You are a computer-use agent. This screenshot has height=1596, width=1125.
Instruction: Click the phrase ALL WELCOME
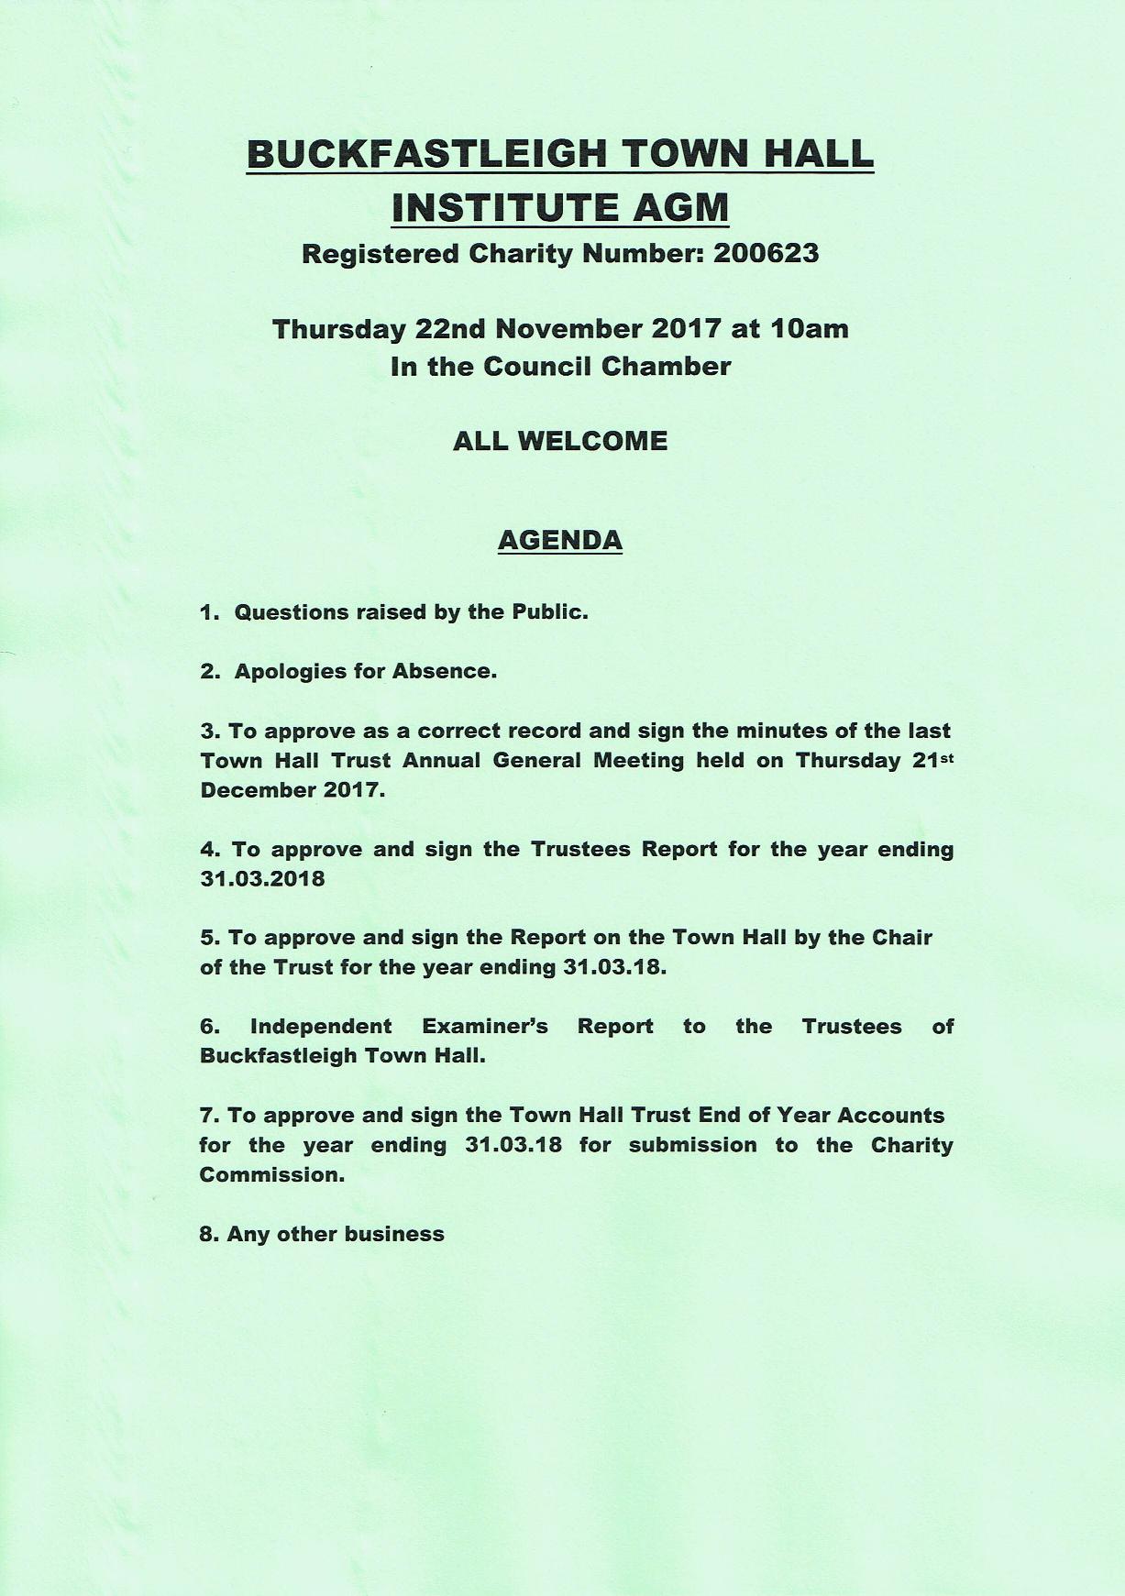(x=560, y=441)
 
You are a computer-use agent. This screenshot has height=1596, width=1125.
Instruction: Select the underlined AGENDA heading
(x=560, y=540)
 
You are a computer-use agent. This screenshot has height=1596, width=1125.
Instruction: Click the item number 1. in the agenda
(x=210, y=612)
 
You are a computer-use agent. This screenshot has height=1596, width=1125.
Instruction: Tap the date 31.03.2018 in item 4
(x=262, y=879)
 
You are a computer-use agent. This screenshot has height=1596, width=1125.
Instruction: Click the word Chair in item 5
(x=901, y=938)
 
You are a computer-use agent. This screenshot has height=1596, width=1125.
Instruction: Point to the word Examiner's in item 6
(x=484, y=1027)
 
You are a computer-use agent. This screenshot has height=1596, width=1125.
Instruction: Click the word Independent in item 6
(x=320, y=1027)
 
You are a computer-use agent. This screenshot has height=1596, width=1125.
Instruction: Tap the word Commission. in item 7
(x=272, y=1175)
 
